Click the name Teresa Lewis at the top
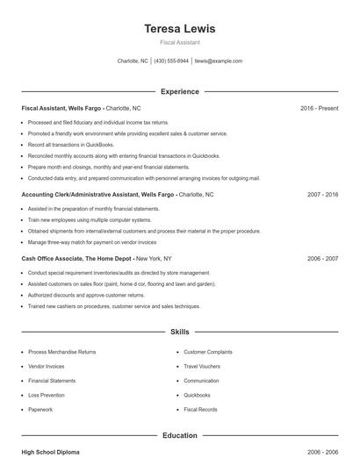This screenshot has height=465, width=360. click(180, 28)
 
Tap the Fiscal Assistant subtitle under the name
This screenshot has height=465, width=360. click(180, 42)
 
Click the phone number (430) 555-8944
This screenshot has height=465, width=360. click(172, 61)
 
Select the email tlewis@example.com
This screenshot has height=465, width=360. click(218, 61)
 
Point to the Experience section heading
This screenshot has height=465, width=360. click(180, 91)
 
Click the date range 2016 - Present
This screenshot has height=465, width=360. click(319, 108)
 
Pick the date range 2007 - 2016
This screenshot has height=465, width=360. click(322, 194)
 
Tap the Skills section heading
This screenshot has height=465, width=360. click(180, 333)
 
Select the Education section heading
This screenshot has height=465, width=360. click(180, 435)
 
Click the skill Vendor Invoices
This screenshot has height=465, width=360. click(47, 366)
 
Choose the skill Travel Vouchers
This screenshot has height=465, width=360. click(203, 366)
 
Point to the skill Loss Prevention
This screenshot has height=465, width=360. click(47, 395)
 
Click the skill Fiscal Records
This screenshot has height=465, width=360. click(201, 409)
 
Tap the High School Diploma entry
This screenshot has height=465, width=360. click(50, 452)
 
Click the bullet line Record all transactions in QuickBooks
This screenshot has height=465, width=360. click(71, 144)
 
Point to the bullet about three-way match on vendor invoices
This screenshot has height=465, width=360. click(92, 241)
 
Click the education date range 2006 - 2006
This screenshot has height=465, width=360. click(322, 452)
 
